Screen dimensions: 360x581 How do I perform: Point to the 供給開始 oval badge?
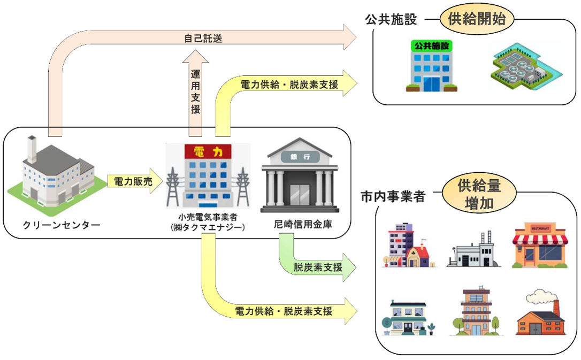coord(477,20)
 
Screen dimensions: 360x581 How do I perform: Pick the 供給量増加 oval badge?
coord(479,194)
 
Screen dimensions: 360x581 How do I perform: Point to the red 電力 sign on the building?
coord(209,151)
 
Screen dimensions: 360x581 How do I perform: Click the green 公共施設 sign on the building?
coord(427,45)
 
